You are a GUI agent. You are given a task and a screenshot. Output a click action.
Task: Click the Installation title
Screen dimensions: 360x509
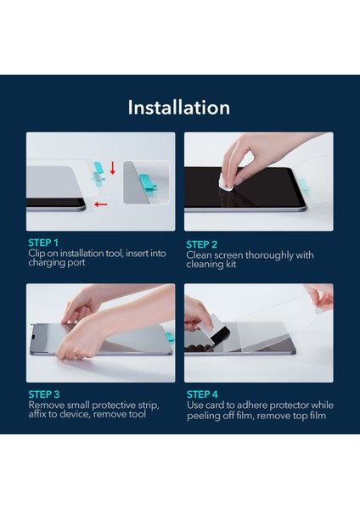pyautogui.click(x=179, y=108)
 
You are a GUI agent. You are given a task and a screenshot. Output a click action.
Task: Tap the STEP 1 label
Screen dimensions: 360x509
pyautogui.click(x=43, y=243)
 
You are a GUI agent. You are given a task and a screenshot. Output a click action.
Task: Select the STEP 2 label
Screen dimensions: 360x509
pyautogui.click(x=201, y=244)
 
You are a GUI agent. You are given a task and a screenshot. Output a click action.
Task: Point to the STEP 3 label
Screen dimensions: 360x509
pyautogui.click(x=44, y=394)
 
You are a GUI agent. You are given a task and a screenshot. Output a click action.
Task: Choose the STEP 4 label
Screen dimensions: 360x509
pyautogui.click(x=202, y=394)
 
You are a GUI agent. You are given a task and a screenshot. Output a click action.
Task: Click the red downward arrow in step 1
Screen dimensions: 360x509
pyautogui.click(x=113, y=168)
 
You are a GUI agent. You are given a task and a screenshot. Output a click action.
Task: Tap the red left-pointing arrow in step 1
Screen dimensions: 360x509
pyautogui.click(x=101, y=204)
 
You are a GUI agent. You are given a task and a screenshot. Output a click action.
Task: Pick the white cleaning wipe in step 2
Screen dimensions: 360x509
pyautogui.click(x=226, y=182)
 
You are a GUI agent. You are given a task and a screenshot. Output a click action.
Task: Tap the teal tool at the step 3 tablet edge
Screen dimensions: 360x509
pyautogui.click(x=170, y=337)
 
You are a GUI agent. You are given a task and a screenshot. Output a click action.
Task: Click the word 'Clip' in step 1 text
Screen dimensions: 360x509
pyautogui.click(x=37, y=253)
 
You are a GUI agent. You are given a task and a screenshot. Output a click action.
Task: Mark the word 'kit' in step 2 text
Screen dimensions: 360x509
pyautogui.click(x=231, y=264)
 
